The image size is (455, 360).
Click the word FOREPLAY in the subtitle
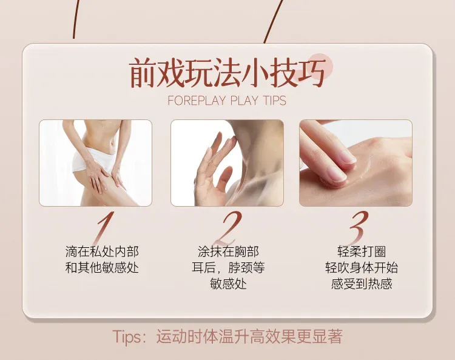[x=197, y=100]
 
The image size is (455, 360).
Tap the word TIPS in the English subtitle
[x=274, y=100]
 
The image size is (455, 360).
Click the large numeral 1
[x=105, y=228]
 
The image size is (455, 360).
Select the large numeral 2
[x=228, y=228]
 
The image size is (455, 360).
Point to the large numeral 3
[x=359, y=228]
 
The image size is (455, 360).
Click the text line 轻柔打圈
[x=362, y=252]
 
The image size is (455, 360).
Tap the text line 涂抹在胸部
[x=228, y=252]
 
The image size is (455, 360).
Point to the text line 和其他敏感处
[x=102, y=267]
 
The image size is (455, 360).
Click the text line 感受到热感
[x=362, y=284]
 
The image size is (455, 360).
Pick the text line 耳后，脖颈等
[x=228, y=267]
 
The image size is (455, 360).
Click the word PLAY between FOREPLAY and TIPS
[x=244, y=100]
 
